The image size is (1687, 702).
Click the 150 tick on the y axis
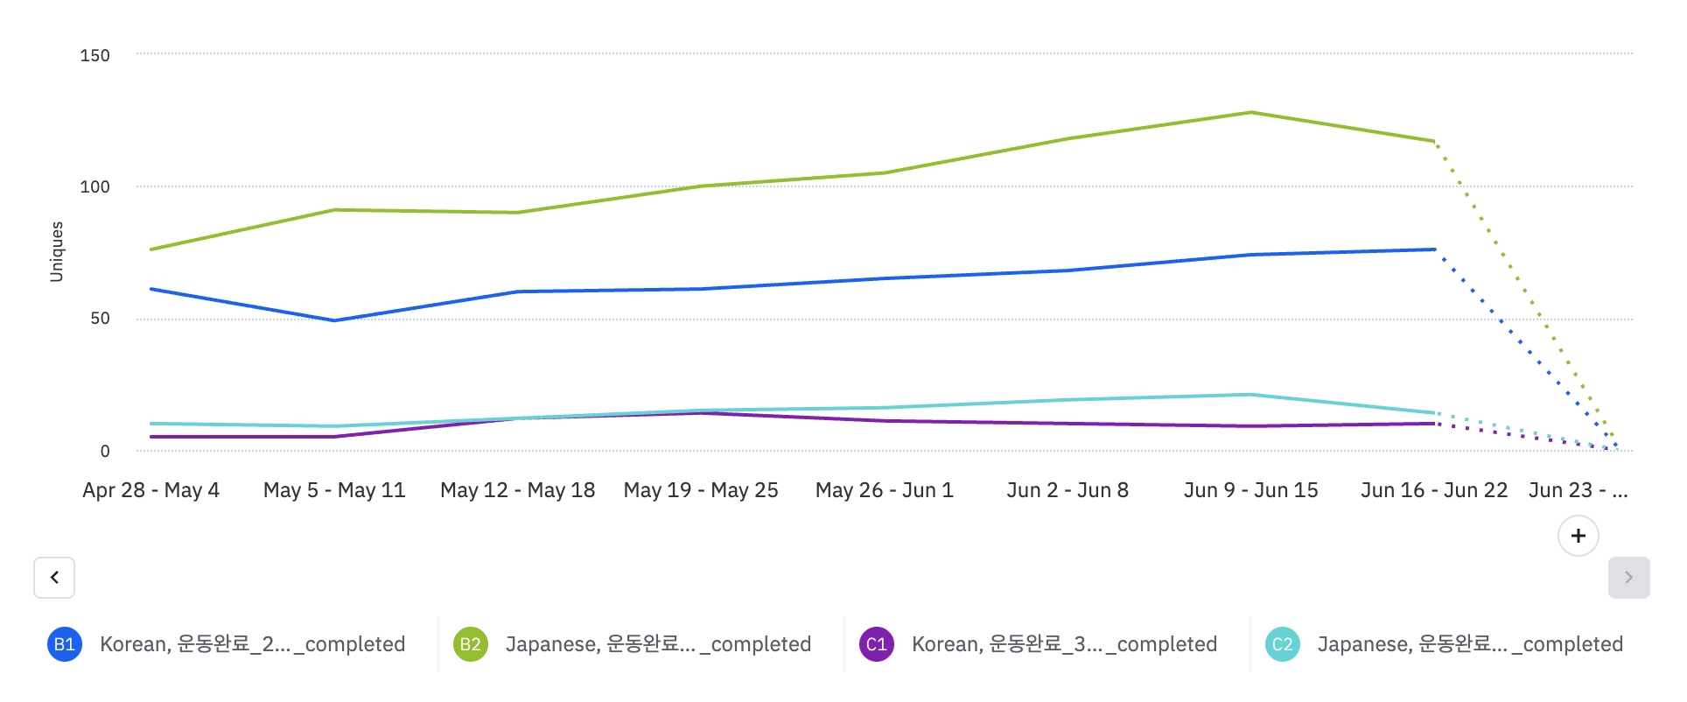tap(94, 55)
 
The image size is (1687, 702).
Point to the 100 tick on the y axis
tap(94, 186)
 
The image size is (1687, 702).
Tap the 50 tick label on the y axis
tap(100, 319)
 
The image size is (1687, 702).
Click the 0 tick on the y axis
tap(105, 451)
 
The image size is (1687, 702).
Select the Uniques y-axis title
tap(57, 251)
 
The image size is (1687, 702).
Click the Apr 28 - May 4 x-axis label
tap(150, 490)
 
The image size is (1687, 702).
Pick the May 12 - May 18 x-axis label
tap(517, 490)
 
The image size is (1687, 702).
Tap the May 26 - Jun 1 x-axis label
tap(884, 490)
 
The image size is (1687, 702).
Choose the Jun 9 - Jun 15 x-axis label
tap(1250, 490)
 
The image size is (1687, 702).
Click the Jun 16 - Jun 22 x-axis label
tap(1433, 490)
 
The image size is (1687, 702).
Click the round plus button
tap(1578, 536)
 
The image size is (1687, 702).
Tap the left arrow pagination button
tap(54, 578)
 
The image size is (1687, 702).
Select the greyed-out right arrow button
tap(1628, 578)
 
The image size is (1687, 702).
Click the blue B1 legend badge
tap(65, 644)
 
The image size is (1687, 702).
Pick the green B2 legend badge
tap(470, 644)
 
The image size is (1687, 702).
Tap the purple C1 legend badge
tap(876, 644)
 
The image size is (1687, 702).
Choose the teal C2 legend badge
tap(1282, 644)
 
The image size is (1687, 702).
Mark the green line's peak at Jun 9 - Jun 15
tap(1251, 112)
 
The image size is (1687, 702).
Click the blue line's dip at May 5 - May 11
tap(334, 320)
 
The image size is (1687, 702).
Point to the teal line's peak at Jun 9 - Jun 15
tap(1251, 395)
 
